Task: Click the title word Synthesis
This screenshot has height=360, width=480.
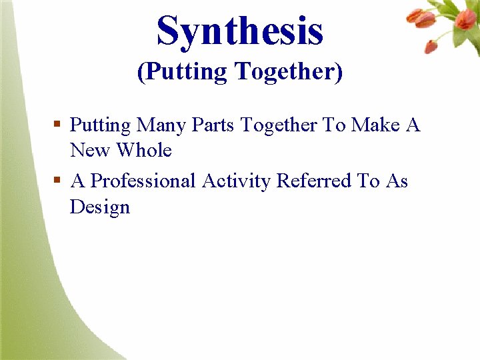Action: coord(240,31)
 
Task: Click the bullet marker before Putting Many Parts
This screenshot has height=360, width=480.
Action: coord(58,124)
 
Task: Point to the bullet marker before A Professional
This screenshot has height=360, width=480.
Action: coord(58,181)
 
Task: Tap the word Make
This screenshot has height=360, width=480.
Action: coord(375,125)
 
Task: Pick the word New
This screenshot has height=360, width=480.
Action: coord(91,151)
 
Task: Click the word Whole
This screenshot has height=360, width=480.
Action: coord(144,151)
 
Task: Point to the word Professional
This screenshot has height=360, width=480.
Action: coord(143,181)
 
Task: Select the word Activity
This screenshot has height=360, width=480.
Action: coord(237,181)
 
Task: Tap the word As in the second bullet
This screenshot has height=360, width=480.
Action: coord(397,181)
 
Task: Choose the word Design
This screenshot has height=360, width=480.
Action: coord(100,207)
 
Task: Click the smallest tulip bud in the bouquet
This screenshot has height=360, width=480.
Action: coord(431,47)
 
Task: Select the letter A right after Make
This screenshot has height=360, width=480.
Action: coord(413,125)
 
